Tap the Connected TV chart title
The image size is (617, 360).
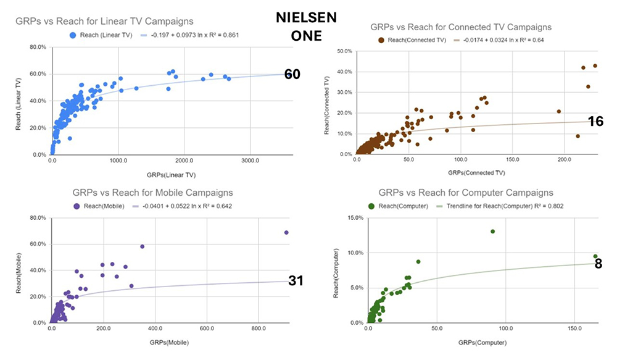click(x=461, y=27)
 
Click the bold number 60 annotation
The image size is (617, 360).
click(x=292, y=75)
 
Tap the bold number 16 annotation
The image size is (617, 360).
click(x=595, y=122)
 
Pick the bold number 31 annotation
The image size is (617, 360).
click(x=296, y=281)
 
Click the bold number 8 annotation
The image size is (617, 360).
click(x=598, y=264)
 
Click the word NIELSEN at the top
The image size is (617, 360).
click(x=307, y=18)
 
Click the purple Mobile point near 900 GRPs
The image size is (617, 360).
click(x=286, y=233)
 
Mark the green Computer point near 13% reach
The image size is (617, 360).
click(x=492, y=232)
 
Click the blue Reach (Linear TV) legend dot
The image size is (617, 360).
click(x=74, y=35)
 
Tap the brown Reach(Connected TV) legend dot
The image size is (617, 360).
click(x=383, y=40)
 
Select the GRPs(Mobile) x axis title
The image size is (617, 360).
click(x=168, y=342)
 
